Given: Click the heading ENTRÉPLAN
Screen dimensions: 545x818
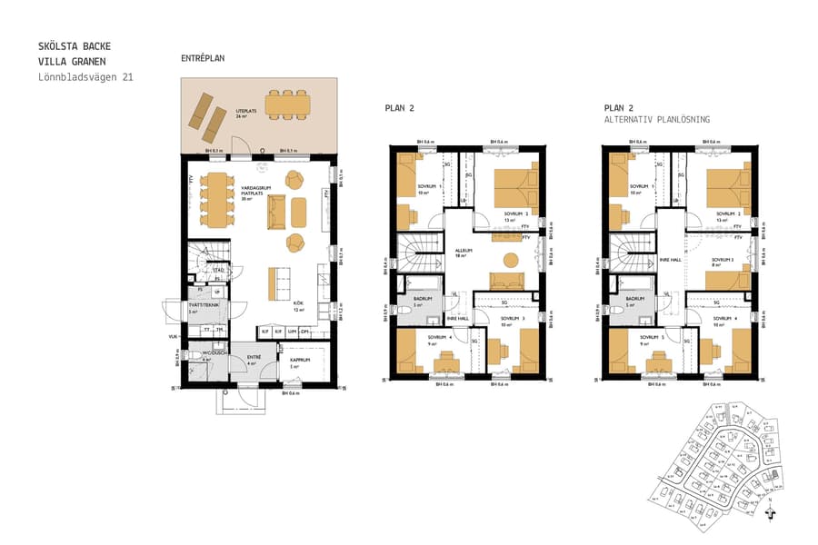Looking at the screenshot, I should [x=203, y=58].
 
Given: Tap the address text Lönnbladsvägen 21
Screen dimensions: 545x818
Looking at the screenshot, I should [x=85, y=77].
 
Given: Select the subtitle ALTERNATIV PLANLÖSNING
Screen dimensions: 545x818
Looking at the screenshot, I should [x=656, y=119].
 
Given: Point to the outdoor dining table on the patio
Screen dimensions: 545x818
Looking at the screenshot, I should [x=287, y=102].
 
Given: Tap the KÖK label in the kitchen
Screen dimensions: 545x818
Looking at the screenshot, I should [x=297, y=303].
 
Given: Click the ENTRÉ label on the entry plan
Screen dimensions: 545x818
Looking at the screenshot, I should [x=254, y=358].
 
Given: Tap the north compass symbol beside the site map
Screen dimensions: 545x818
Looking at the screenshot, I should [x=771, y=512].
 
